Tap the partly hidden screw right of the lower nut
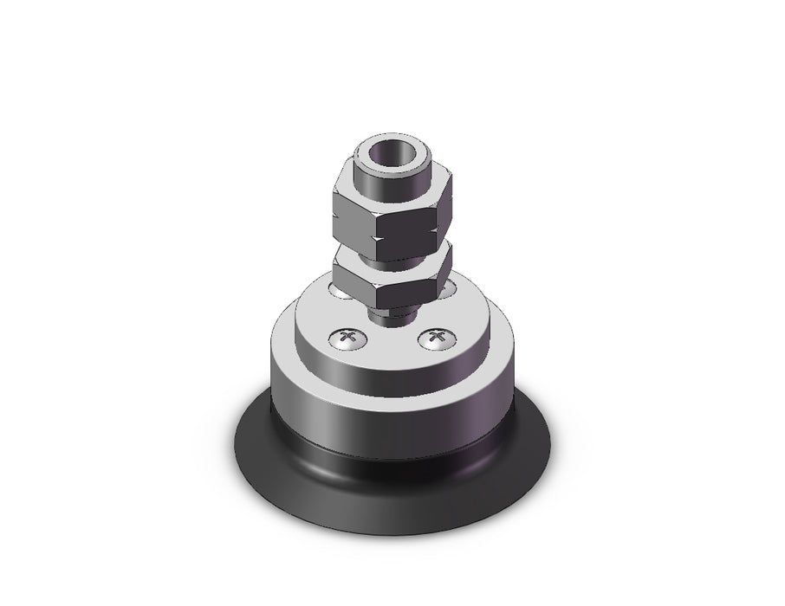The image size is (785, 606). click(x=448, y=291)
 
